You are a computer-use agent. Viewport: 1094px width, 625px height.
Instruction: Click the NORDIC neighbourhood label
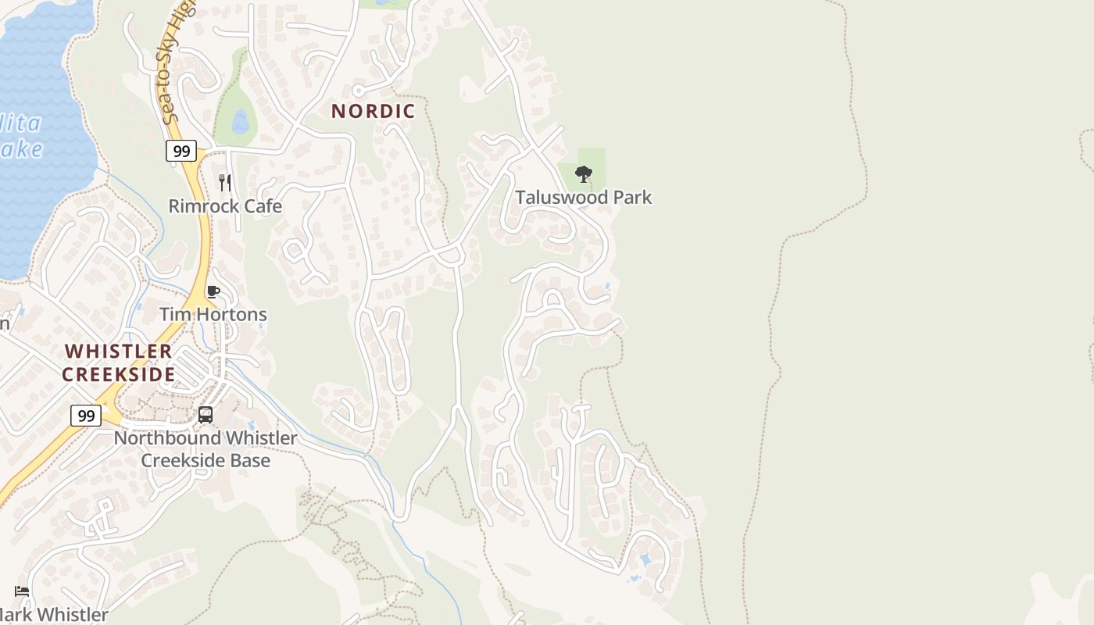373,111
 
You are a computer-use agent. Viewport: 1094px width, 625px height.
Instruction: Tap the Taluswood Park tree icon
583,173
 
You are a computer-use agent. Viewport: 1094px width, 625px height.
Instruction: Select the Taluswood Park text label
583,197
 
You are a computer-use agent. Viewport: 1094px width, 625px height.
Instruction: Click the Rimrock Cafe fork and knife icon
225,183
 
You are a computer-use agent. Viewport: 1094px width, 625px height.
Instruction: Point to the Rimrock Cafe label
225,206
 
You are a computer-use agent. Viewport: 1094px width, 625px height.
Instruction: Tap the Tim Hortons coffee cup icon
213,292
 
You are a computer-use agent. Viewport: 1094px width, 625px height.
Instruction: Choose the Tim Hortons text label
213,314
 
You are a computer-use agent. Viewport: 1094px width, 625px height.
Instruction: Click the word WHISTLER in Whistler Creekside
118,351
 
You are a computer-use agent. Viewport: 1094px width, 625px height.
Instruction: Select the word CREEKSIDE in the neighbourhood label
118,374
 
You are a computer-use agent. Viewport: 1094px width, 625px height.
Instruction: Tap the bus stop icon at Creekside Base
206,415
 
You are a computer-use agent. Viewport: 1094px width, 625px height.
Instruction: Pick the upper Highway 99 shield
181,151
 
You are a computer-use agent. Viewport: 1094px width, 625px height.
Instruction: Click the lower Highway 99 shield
85,415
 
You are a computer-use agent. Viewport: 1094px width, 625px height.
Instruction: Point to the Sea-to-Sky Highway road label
177,62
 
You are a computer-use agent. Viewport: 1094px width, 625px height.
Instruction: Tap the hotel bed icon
22,591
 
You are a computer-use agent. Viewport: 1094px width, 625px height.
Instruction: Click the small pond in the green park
240,121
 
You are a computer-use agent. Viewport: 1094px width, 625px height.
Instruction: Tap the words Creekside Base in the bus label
206,460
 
